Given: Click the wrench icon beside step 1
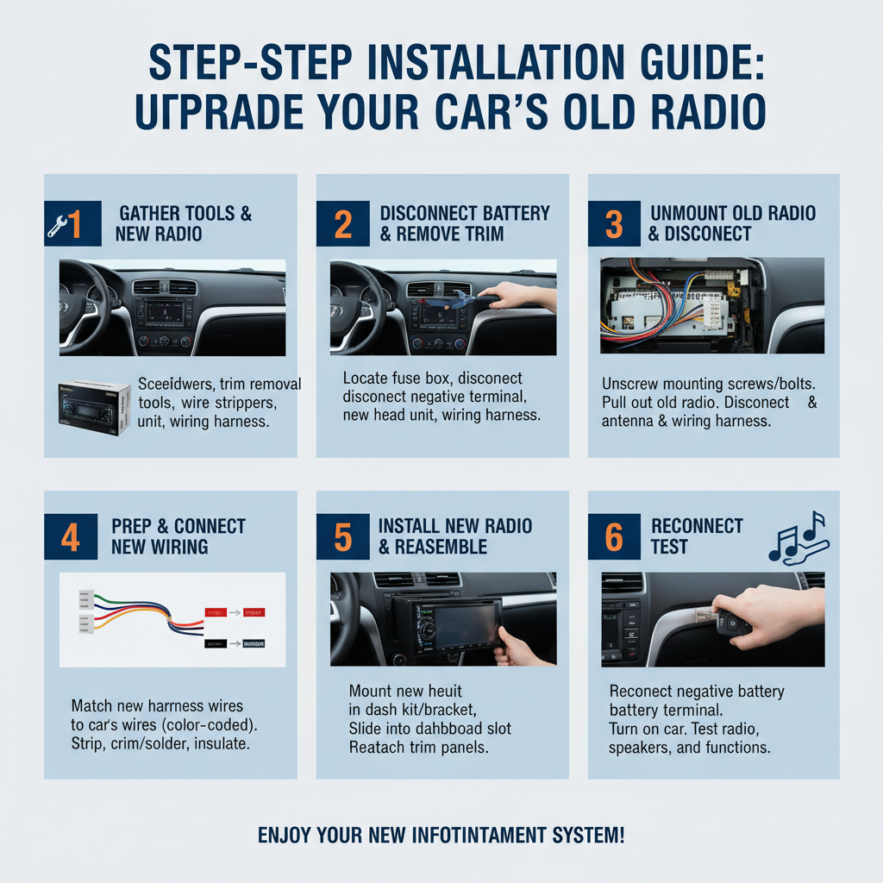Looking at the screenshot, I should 58,225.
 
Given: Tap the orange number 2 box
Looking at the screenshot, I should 343,224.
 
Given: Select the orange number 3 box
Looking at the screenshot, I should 614,224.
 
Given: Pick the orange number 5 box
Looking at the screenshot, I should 343,536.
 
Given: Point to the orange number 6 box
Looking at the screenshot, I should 614,536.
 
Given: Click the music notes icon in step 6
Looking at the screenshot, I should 798,536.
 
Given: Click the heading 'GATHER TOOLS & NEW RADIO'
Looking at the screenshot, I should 185,223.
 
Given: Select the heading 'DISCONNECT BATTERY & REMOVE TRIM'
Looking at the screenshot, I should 465,223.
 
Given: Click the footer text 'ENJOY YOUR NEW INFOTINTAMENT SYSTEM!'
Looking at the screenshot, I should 441,835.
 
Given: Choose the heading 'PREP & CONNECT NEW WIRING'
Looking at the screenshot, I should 178,535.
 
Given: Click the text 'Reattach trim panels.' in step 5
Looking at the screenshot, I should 419,748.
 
